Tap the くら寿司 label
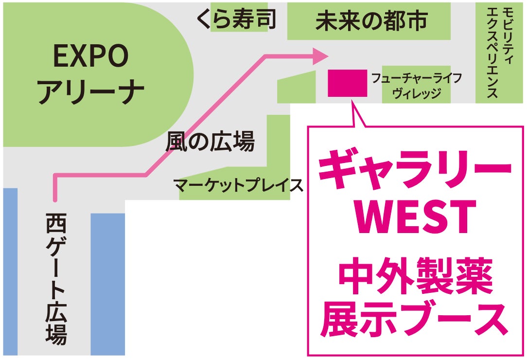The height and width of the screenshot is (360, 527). point(236,19)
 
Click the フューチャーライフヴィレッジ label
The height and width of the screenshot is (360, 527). point(416,86)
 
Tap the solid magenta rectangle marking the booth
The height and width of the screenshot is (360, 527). point(347,83)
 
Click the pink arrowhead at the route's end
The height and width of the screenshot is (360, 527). point(319,56)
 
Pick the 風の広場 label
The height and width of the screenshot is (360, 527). point(210,143)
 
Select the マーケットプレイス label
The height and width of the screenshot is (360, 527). point(238,185)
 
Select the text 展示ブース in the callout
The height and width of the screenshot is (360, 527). point(414,319)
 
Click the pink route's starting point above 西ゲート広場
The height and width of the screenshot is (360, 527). point(55,198)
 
